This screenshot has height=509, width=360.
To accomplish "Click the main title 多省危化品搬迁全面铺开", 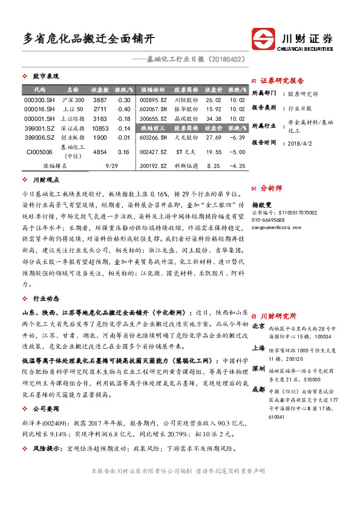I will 88,39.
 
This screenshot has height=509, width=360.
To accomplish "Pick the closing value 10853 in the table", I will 100,129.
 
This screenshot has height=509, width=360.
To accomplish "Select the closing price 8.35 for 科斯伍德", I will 213,165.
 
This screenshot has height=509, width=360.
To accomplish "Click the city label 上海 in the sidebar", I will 258,348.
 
